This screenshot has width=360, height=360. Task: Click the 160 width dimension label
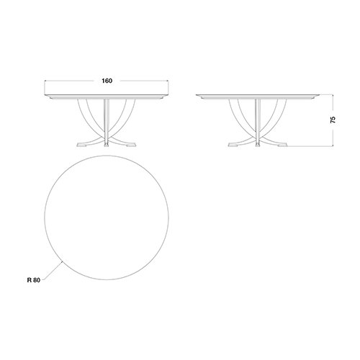[107, 81]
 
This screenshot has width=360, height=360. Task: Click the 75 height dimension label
[333, 120]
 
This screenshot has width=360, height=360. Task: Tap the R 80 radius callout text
[34, 280]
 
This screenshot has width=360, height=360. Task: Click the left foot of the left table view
[82, 145]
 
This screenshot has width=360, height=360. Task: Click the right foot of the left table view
[131, 145]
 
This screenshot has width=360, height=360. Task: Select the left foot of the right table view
[233, 145]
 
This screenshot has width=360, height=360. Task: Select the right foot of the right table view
[282, 145]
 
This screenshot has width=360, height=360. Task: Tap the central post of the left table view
[107, 121]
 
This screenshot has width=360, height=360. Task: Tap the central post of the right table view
[258, 121]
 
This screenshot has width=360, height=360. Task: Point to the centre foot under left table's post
[107, 145]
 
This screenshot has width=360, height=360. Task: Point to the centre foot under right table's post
[258, 145]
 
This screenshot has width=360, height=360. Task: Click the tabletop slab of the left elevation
[107, 96]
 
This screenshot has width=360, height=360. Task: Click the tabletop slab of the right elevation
[258, 96]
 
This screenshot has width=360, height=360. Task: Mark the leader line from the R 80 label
[53, 271]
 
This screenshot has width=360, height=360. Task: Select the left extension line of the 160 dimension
[45, 88]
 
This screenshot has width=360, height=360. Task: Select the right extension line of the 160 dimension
[168, 88]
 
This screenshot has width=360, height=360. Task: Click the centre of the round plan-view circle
[107, 217]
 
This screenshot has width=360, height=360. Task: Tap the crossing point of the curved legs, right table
[258, 137]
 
